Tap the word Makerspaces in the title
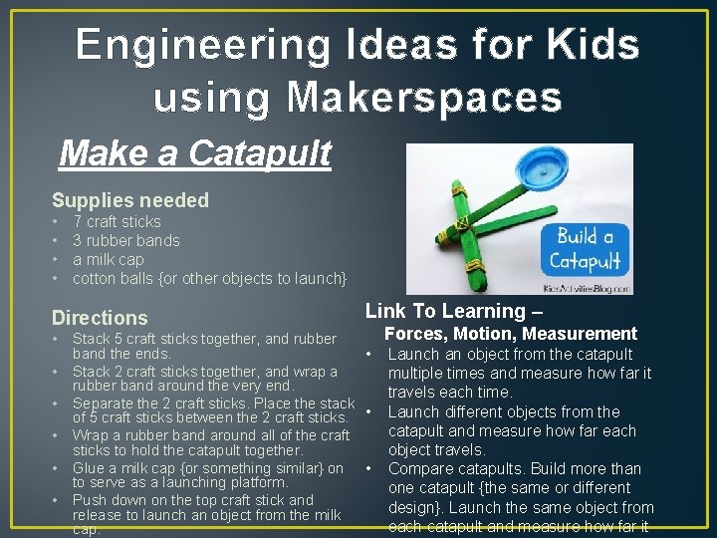coord(425,98)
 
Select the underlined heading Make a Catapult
coord(195,154)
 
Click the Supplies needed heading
coord(130,200)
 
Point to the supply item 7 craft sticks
coord(117,221)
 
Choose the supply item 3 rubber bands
coord(126,240)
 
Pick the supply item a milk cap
coord(109,259)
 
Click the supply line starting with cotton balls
coord(209,278)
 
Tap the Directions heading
coord(100,318)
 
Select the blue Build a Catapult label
coord(589,249)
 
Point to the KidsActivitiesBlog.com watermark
coord(590,288)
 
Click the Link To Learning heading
coord(445,311)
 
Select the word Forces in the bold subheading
coord(412,334)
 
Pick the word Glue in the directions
coord(89,468)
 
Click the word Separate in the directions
coord(107,403)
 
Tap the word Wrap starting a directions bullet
coord(90,435)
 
